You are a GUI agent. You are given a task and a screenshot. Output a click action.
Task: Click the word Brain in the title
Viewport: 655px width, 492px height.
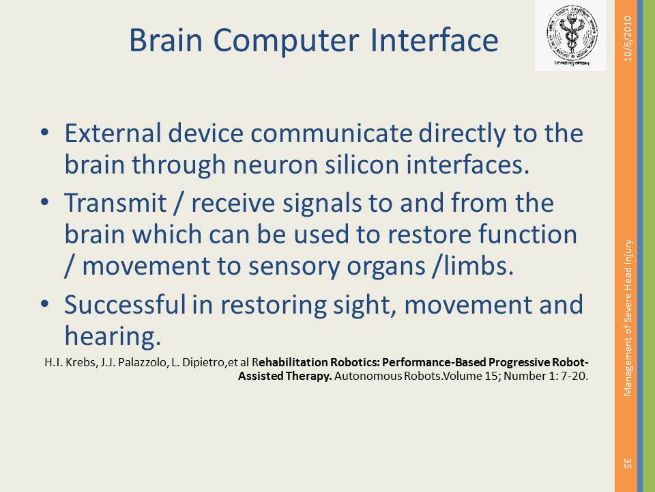pyautogui.click(x=166, y=40)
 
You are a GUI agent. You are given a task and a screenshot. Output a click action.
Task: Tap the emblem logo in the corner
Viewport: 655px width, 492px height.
pyautogui.click(x=570, y=36)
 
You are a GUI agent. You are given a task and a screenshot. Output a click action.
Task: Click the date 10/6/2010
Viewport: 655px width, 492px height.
pyautogui.click(x=628, y=38)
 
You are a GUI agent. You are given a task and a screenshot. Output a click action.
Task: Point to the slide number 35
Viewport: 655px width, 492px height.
pyautogui.click(x=628, y=463)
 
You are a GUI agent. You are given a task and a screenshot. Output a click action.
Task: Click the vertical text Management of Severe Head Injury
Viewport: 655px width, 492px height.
pyautogui.click(x=628, y=318)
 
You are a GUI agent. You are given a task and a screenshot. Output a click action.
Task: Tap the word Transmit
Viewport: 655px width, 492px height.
pyautogui.click(x=115, y=203)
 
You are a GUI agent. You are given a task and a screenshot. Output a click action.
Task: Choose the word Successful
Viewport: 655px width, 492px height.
pyautogui.click(x=124, y=304)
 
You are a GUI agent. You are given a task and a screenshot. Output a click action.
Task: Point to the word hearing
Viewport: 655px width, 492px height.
pyautogui.click(x=113, y=337)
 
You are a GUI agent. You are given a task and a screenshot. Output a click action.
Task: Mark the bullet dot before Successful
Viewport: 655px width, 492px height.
pyautogui.click(x=45, y=303)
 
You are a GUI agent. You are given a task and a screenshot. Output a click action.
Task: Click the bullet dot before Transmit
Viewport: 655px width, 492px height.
pyautogui.click(x=45, y=202)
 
